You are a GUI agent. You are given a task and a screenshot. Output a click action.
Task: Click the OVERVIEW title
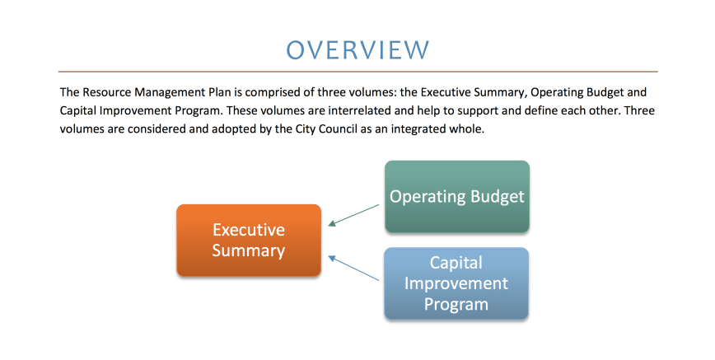pos(357,49)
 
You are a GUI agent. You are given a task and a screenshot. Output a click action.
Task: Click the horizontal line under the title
pos(358,72)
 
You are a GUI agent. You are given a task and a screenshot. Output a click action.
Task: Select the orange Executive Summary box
pos(249,240)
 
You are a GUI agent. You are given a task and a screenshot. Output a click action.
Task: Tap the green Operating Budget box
pos(457,197)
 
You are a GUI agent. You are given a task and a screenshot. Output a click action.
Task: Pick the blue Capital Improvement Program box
pos(456,283)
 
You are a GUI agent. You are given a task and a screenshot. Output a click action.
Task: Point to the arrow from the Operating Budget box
pos(353,215)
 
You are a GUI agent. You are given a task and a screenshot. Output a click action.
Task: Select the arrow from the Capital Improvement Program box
pos(353,268)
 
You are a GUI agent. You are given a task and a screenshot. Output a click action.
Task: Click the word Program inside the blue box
pos(456,305)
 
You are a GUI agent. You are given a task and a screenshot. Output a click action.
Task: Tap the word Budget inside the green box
pos(498,197)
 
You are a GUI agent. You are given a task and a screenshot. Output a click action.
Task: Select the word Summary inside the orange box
pos(249,251)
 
